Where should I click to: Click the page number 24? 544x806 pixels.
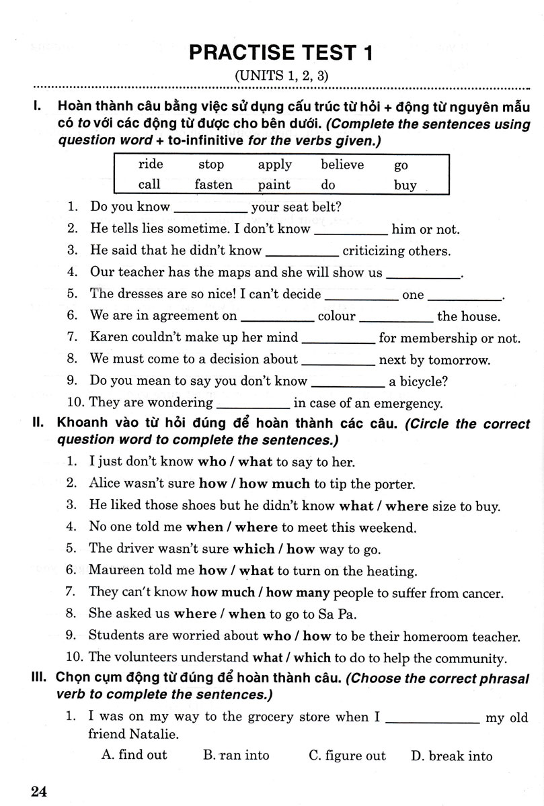(40, 791)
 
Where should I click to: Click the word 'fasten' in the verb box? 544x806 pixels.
(213, 185)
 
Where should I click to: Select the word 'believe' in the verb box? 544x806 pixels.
(342, 165)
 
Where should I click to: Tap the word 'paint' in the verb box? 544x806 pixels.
(274, 185)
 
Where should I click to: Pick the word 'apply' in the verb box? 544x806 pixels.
(274, 165)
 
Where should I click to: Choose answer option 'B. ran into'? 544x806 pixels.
(235, 756)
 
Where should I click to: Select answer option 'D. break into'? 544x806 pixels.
(451, 756)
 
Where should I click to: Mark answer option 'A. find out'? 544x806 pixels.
(134, 755)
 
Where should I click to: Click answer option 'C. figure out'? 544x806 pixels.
(347, 756)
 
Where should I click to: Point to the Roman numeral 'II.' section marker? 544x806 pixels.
(38, 424)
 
